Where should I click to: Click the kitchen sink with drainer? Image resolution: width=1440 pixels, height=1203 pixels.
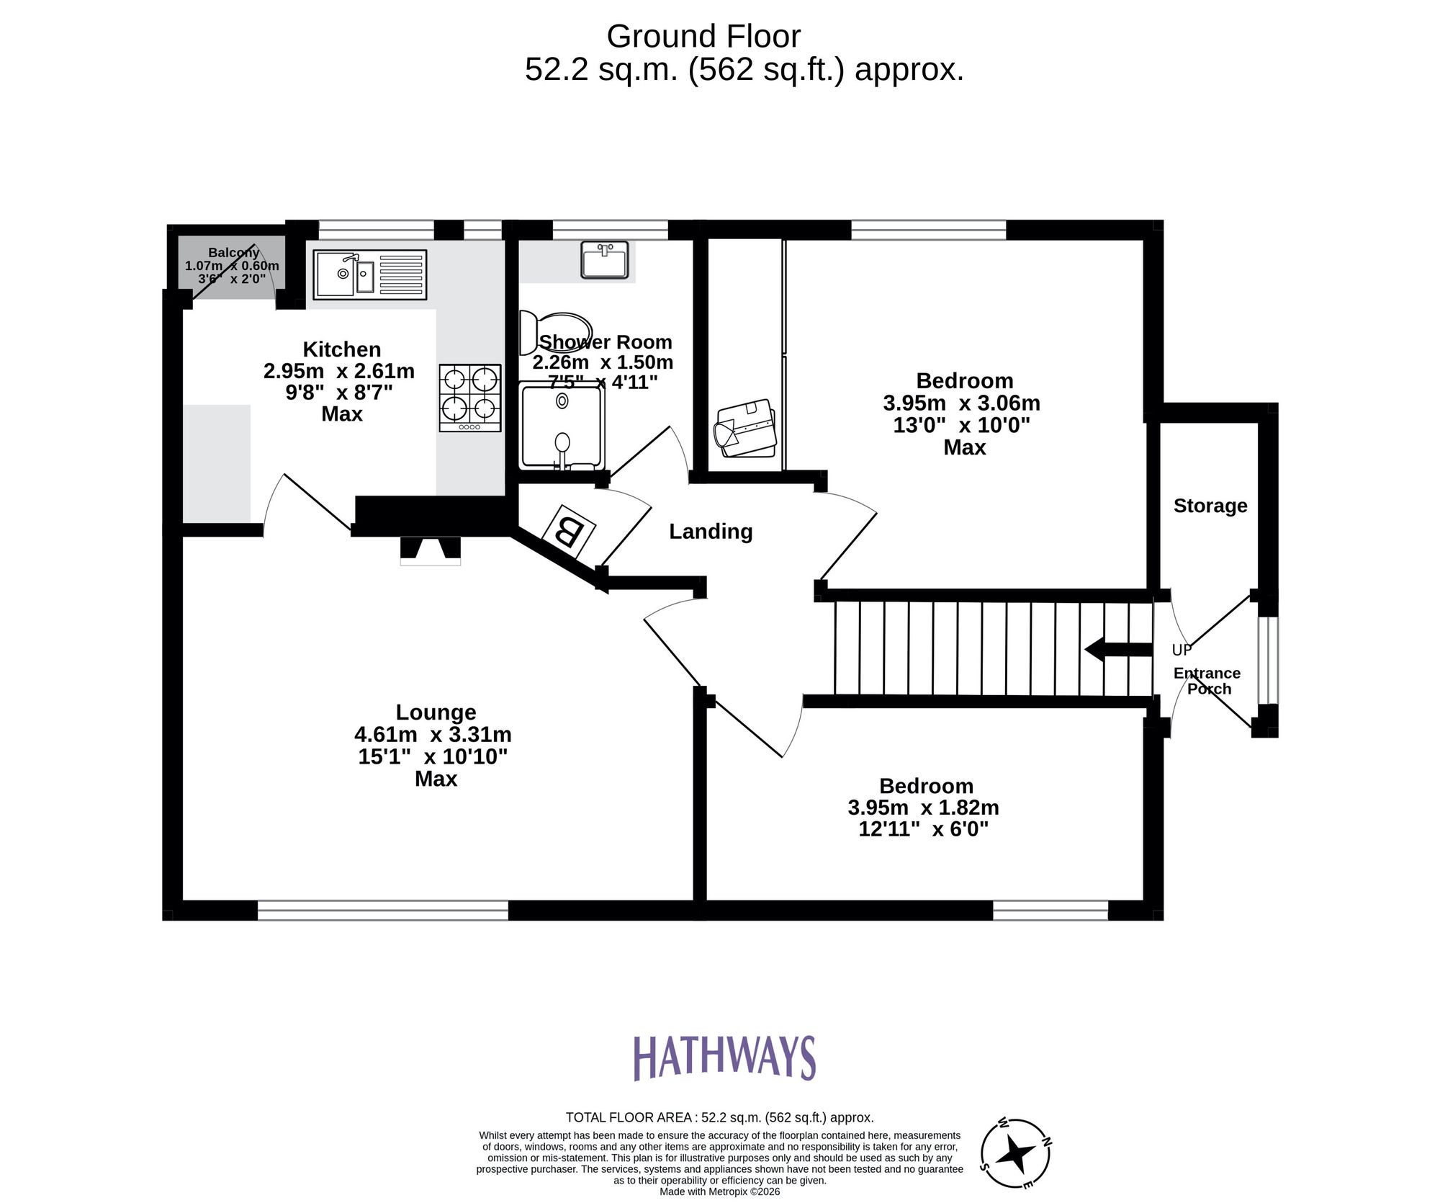pos(369,274)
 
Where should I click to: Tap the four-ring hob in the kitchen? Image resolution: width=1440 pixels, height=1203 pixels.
pos(470,398)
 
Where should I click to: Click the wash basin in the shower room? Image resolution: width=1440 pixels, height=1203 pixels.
pos(605,259)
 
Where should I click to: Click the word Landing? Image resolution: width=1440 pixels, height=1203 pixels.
pos(711,532)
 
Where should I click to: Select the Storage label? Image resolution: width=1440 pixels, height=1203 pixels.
pos(1210,506)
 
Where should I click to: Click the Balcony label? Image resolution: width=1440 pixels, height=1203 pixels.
pos(233,253)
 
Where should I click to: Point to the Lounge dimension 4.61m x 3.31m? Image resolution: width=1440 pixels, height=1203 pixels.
pos(433,735)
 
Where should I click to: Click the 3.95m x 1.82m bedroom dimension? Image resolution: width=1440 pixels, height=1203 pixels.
pos(923,808)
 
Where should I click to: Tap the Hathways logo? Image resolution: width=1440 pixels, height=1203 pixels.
pos(724,1057)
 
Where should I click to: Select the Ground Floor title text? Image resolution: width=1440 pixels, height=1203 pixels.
pos(703,36)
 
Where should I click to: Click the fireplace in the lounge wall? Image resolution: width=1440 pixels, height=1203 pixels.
pos(431,550)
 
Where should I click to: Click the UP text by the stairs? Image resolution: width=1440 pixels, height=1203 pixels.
pos(1182,650)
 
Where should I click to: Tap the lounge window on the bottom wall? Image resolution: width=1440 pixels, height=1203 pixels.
pos(382,910)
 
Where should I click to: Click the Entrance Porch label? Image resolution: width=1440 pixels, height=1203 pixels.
pos(1207,681)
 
